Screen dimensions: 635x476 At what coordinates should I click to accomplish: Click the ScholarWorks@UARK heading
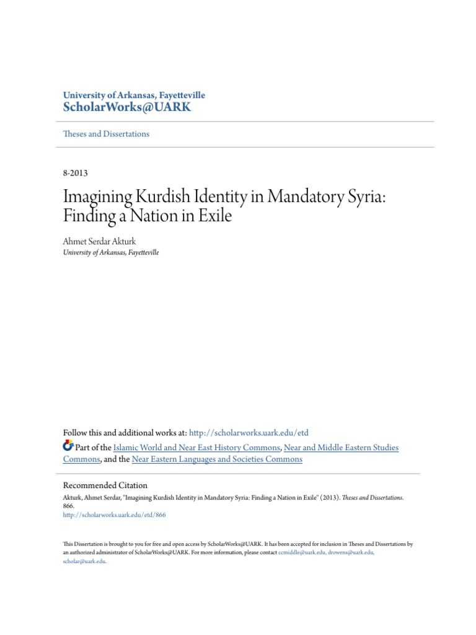click(127, 107)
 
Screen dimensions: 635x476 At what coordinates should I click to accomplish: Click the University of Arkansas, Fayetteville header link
click(134, 95)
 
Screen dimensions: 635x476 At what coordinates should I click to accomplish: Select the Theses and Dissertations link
click(106, 134)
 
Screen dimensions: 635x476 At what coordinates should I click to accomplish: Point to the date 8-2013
click(79, 174)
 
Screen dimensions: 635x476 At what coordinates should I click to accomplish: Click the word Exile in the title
click(217, 217)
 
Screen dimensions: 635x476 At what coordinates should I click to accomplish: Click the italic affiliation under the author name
click(111, 252)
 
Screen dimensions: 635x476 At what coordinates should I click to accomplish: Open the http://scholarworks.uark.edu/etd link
click(248, 433)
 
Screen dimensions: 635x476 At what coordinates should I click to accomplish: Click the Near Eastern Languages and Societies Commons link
click(217, 460)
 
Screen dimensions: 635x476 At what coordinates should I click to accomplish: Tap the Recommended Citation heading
click(105, 486)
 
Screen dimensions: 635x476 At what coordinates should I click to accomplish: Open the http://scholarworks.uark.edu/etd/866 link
click(115, 515)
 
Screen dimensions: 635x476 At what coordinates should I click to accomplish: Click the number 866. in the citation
click(69, 506)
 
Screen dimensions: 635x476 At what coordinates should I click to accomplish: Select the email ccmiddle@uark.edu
click(302, 552)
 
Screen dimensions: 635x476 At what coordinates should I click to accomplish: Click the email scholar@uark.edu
click(84, 561)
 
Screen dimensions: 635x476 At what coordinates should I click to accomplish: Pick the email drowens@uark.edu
click(351, 552)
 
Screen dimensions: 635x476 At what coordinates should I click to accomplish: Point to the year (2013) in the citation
click(331, 497)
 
